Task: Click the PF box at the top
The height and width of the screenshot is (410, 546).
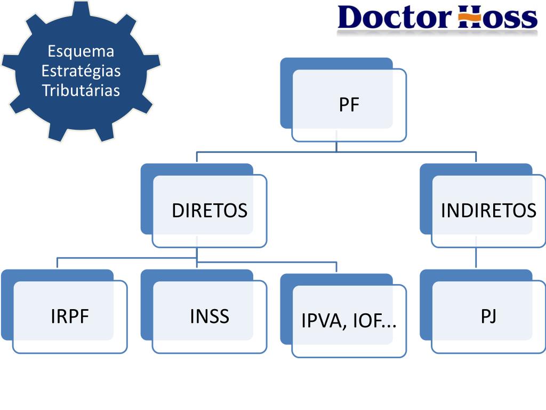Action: pos(349,105)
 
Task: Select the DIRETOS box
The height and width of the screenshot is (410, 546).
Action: pos(209,211)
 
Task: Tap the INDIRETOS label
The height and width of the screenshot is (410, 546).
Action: pos(488,211)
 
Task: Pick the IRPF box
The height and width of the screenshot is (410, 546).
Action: pos(69,317)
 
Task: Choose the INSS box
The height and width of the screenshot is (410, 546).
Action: pos(209,317)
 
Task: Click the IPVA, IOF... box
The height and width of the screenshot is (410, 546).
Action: pos(349,321)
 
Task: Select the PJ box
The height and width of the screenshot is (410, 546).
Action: pos(488,317)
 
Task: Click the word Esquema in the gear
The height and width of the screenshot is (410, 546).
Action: pos(81,52)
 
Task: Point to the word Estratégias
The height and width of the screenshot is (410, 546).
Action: pos(81,71)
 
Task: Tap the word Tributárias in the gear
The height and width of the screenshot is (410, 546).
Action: pos(81,90)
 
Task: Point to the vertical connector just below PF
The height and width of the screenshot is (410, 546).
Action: pos(336,147)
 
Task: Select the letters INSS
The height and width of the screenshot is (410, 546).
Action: pos(209,317)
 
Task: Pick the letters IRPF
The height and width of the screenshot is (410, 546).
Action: pos(69,317)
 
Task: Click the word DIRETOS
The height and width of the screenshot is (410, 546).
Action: pos(209,211)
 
